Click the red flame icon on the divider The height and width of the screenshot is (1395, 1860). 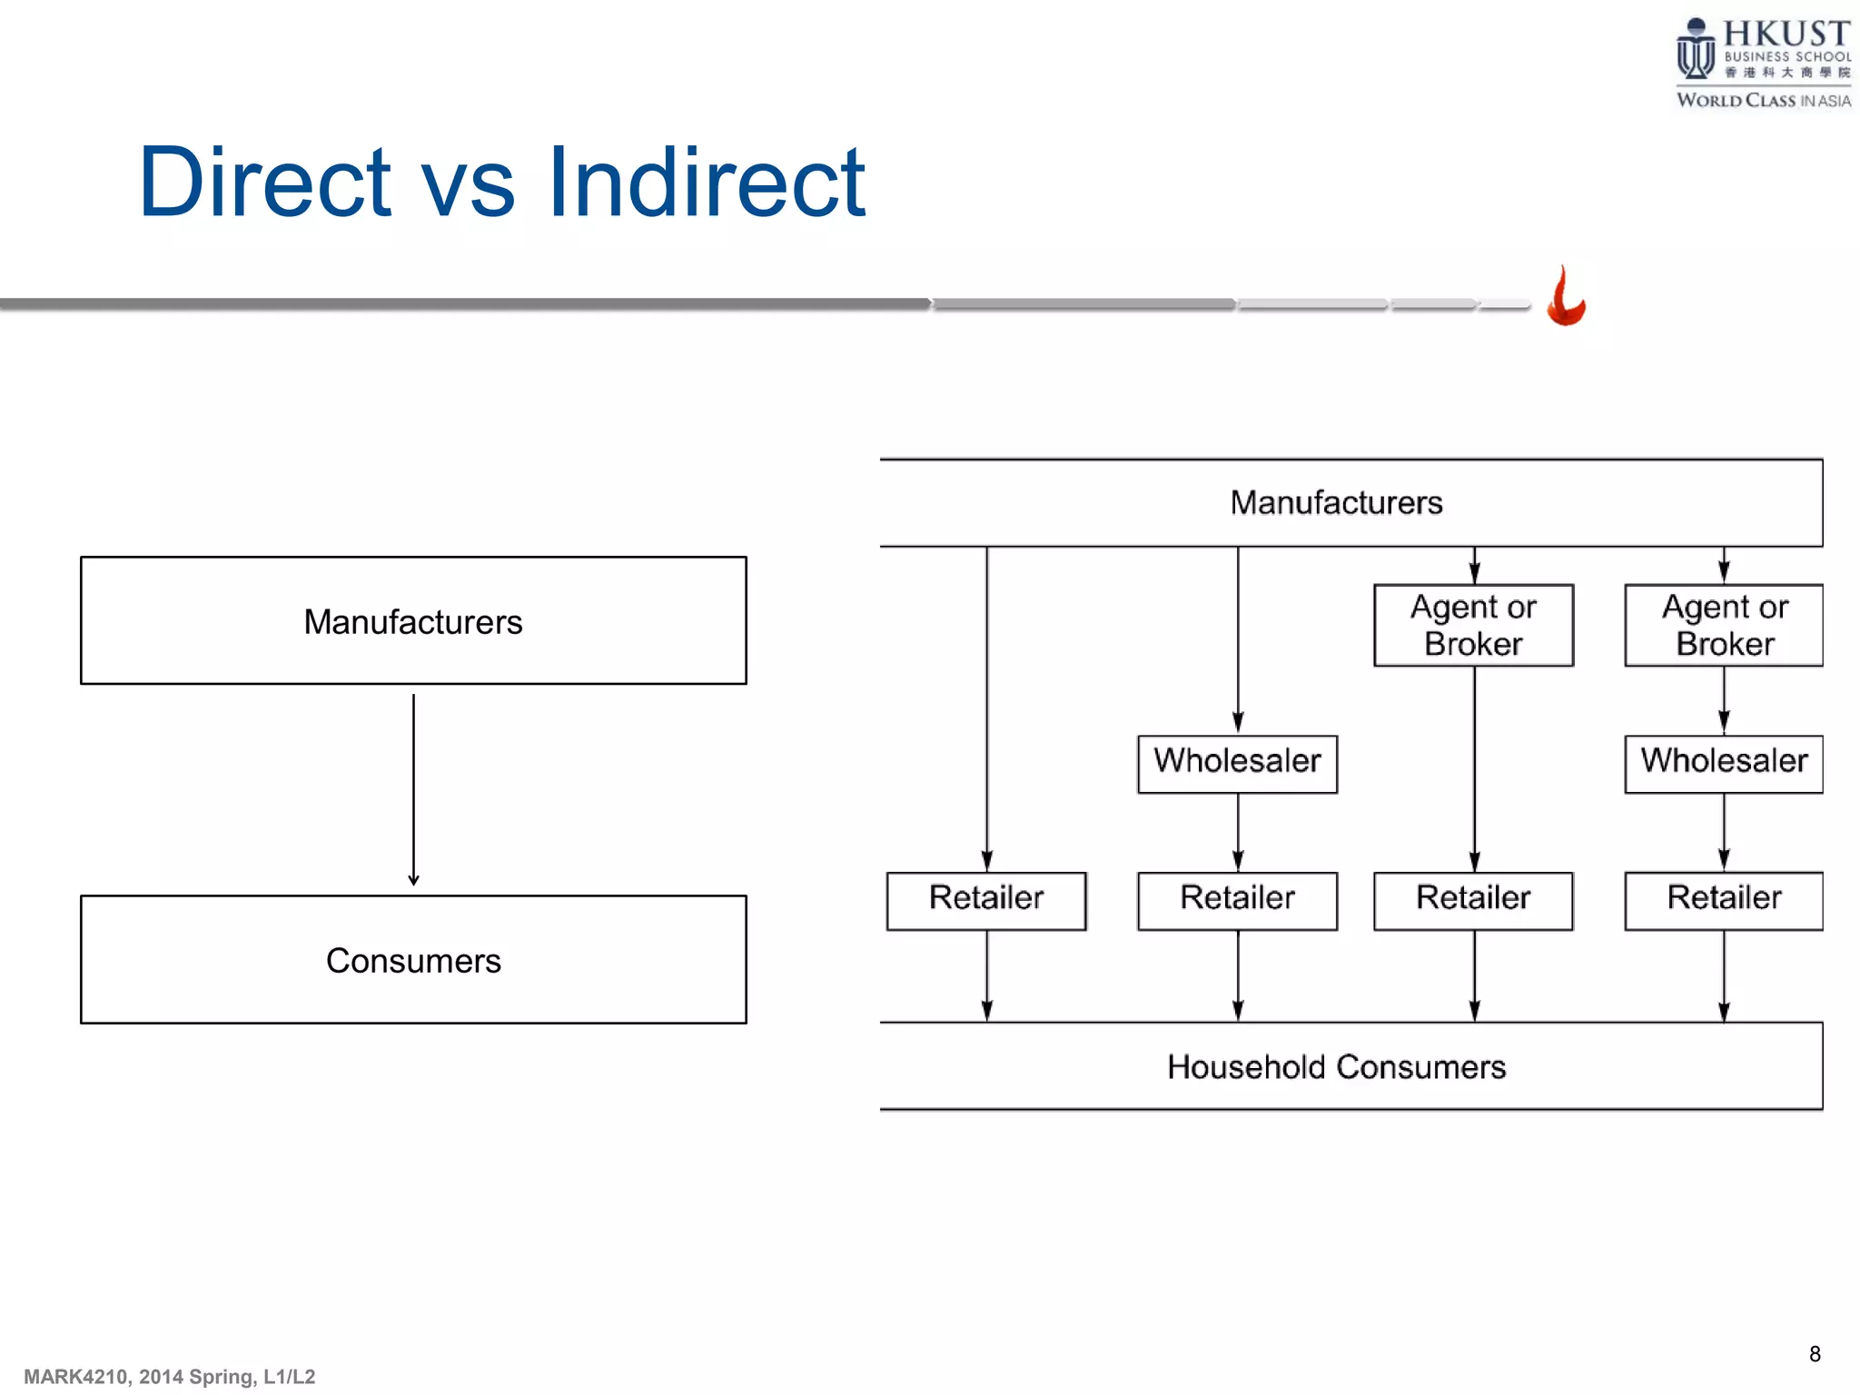(1566, 297)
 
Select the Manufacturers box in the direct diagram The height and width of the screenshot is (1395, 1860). (413, 620)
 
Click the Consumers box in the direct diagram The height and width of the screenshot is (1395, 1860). (413, 960)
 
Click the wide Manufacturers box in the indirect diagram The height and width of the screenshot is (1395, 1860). (1336, 502)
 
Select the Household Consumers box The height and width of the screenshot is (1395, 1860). (1336, 1066)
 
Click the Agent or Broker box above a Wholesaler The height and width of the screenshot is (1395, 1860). (1723, 625)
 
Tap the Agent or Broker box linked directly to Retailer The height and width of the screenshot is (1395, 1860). (1473, 625)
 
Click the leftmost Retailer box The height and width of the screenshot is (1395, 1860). (986, 900)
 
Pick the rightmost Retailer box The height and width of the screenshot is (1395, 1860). (1723, 900)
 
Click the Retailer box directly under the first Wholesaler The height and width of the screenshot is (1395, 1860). (1237, 900)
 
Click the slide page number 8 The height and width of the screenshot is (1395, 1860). (1815, 1354)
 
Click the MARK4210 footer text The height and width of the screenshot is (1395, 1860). (169, 1377)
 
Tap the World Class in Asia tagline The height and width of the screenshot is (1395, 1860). (1762, 101)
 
